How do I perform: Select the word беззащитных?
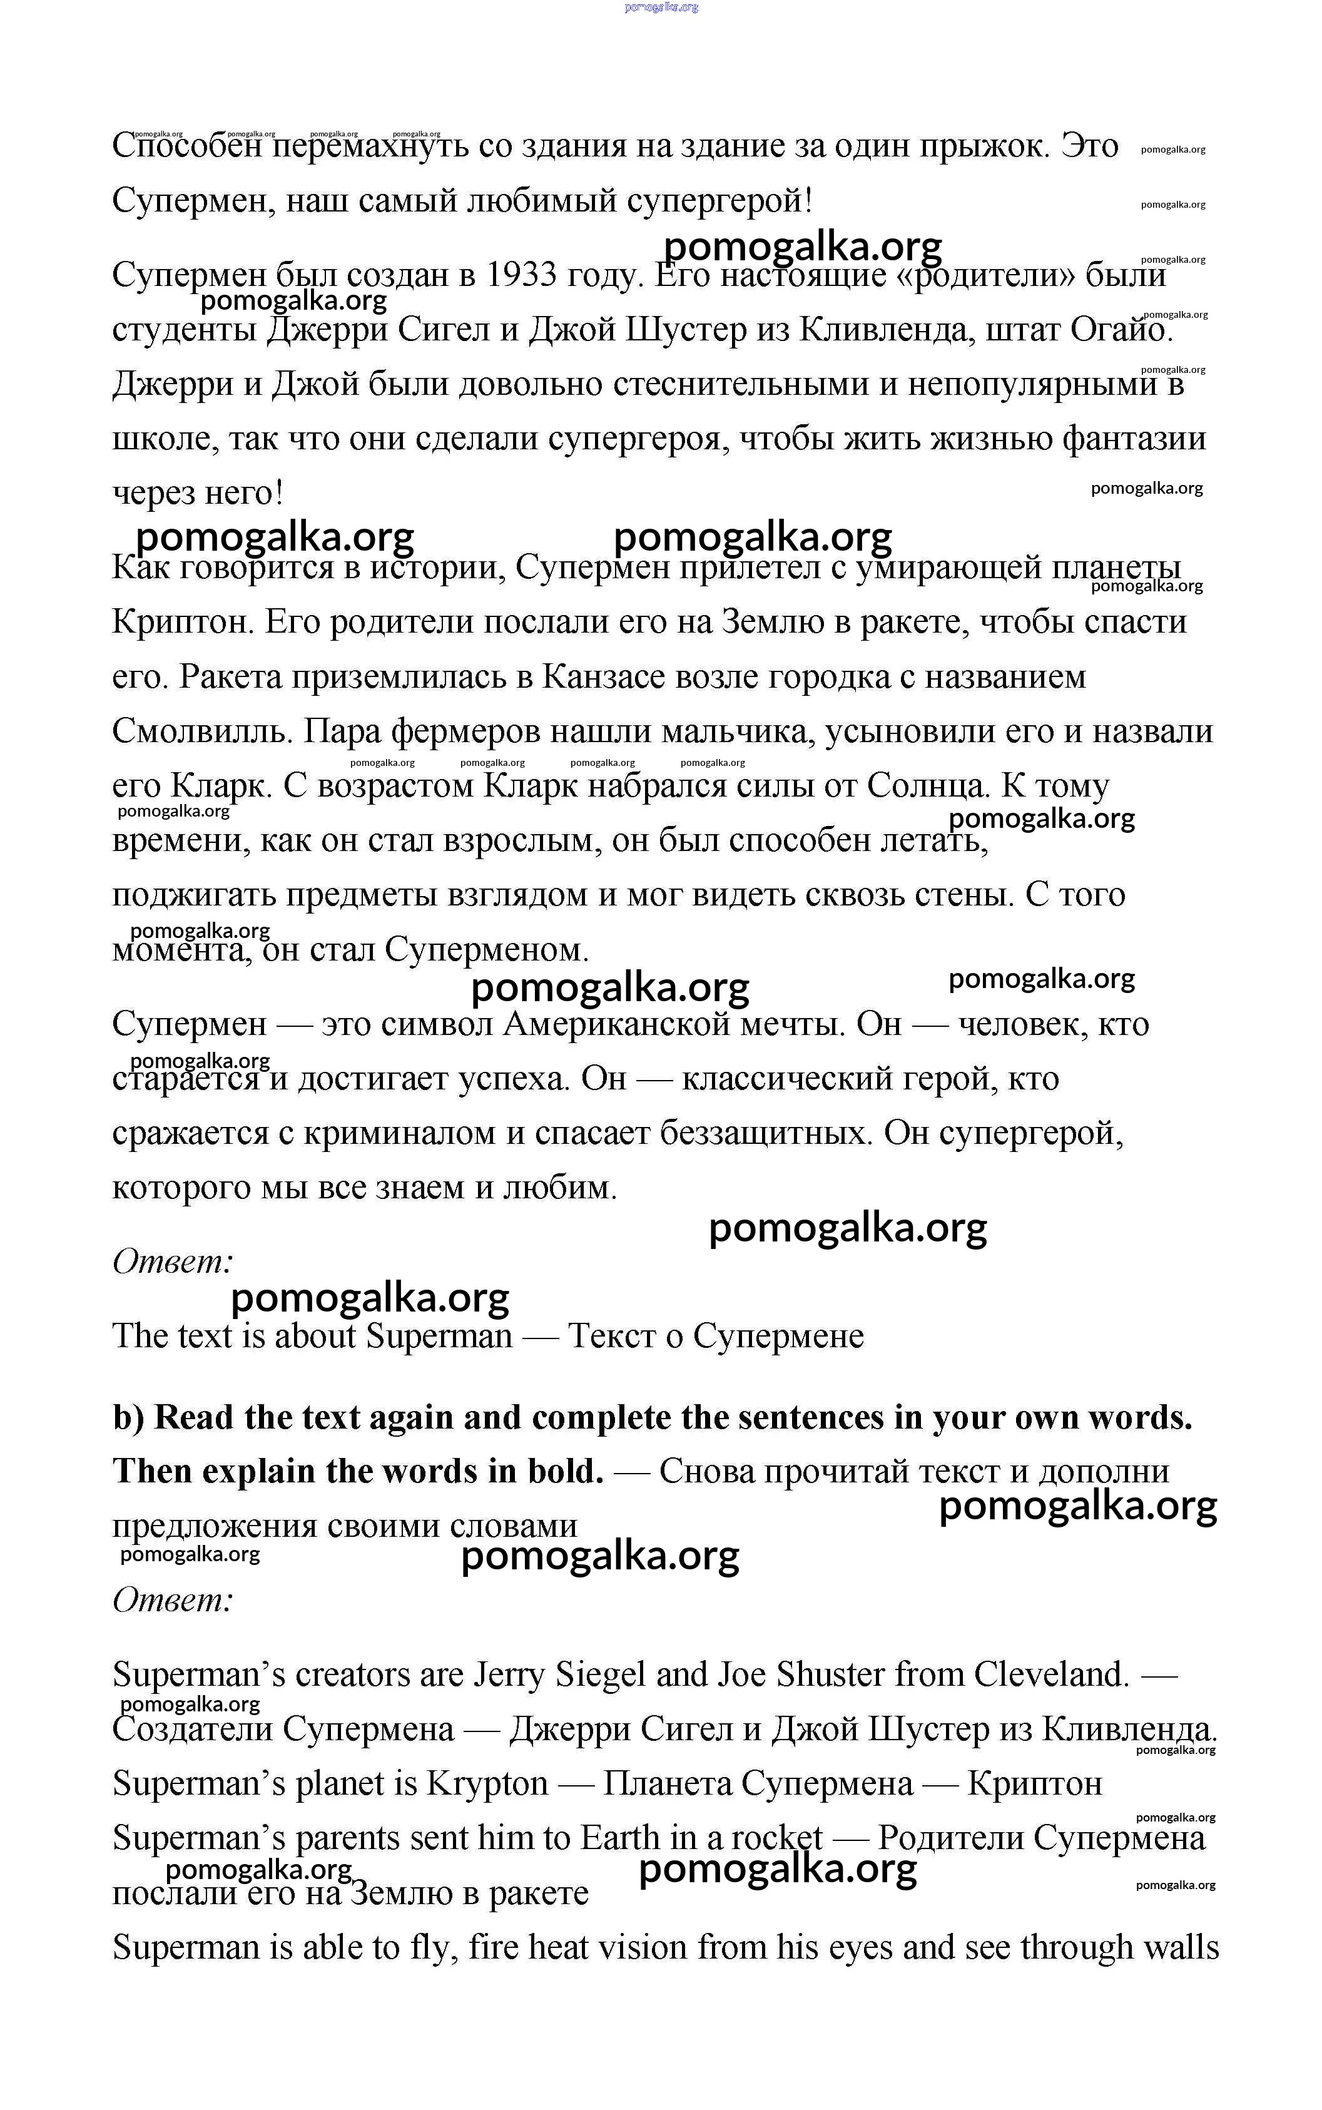[766, 1134]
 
